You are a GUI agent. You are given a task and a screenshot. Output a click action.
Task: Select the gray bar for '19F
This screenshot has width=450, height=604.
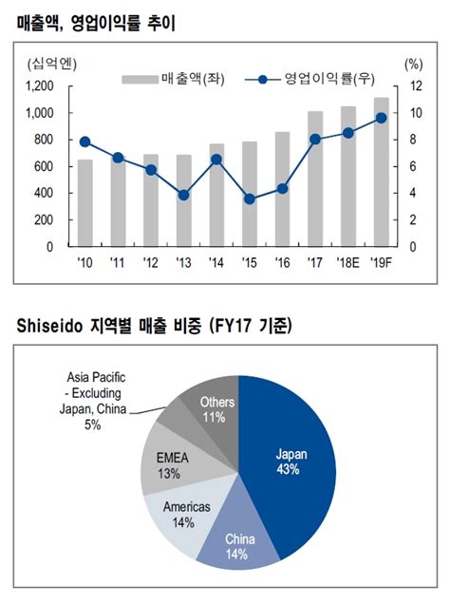tap(381, 172)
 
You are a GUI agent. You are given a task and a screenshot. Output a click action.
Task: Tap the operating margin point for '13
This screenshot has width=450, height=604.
tap(184, 195)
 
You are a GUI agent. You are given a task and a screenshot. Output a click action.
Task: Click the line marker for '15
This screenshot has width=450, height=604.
tap(250, 199)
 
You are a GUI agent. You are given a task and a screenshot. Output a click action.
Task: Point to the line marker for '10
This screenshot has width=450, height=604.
tap(85, 142)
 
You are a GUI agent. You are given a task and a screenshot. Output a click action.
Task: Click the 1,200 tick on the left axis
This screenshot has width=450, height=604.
tap(40, 86)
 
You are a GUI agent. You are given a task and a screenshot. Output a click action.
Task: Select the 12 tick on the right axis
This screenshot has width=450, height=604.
tap(414, 86)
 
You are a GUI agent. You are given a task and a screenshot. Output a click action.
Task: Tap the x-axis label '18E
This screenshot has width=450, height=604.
tap(348, 262)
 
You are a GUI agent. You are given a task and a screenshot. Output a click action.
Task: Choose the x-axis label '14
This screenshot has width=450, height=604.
tap(216, 262)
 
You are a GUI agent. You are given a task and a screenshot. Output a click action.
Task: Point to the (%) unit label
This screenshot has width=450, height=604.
tap(413, 64)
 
